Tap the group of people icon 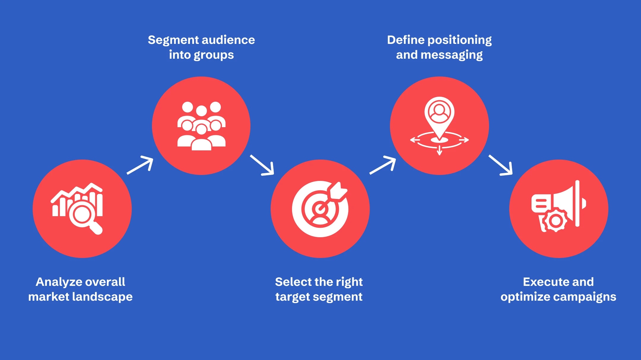tap(201, 126)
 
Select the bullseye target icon tap(320, 209)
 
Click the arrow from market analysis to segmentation tap(140, 165)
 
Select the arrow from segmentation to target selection tap(262, 165)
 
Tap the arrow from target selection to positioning tap(383, 165)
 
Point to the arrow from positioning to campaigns tap(501, 165)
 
